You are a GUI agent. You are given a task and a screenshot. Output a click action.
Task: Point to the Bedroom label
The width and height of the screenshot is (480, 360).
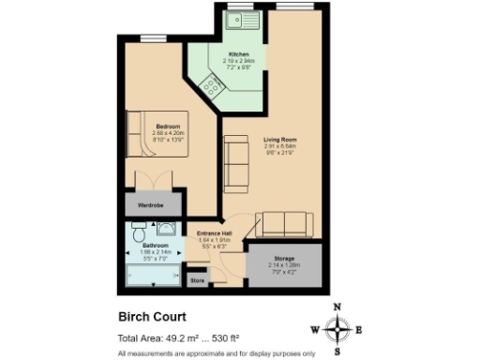click(170, 126)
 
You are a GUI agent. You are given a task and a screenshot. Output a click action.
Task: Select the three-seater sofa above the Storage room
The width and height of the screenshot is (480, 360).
click(284, 223)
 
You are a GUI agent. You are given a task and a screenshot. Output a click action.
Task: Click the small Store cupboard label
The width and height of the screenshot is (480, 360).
click(197, 278)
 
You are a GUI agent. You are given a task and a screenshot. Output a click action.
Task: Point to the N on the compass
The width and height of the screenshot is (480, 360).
click(338, 307)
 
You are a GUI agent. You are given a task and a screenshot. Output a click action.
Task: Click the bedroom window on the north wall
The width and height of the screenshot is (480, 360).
click(153, 39)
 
